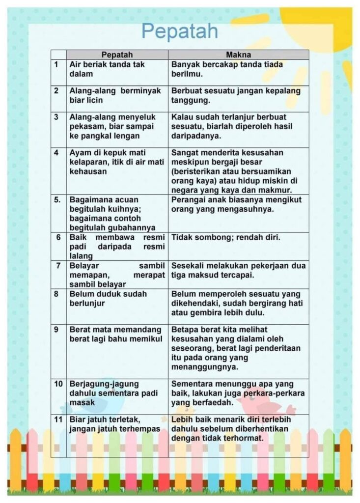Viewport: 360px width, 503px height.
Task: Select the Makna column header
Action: pyautogui.click(x=238, y=55)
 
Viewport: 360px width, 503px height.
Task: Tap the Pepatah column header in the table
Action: pyautogui.click(x=117, y=55)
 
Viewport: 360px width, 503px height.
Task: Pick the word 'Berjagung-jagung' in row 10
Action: pyautogui.click(x=97, y=383)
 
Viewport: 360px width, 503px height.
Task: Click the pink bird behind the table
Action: pyautogui.click(x=265, y=403)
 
